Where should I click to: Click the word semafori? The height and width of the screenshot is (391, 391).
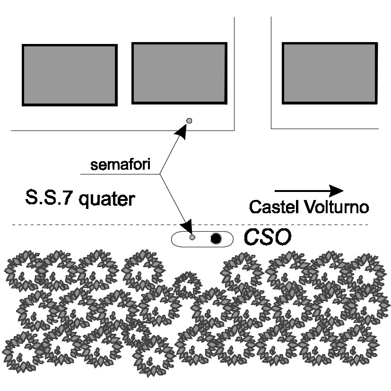(x=120, y=165)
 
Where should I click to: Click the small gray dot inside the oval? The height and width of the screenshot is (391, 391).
(x=192, y=237)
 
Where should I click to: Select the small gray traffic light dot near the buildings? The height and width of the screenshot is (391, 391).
(x=189, y=121)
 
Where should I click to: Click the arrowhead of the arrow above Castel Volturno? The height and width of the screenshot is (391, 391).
(x=336, y=191)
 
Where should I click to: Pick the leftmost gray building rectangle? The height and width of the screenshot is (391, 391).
(x=70, y=75)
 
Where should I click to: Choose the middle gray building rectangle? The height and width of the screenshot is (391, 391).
(x=179, y=73)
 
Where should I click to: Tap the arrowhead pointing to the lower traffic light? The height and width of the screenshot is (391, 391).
(x=188, y=224)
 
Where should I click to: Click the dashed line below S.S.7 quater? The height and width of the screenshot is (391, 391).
(x=95, y=224)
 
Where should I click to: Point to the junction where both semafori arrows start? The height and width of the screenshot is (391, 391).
(x=159, y=174)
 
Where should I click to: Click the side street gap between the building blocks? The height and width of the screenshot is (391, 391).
(x=253, y=71)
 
